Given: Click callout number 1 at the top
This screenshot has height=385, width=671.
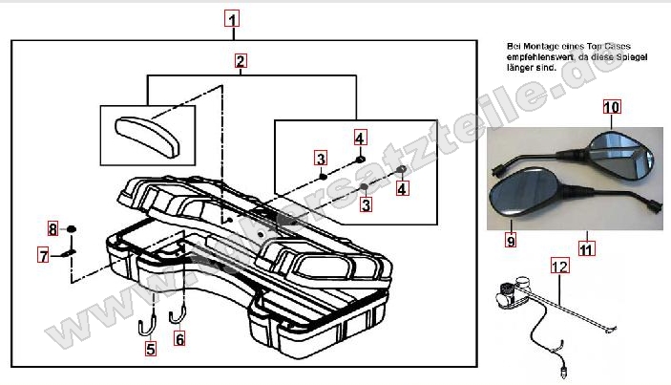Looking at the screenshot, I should click(234, 17).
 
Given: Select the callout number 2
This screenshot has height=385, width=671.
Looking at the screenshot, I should click(241, 61).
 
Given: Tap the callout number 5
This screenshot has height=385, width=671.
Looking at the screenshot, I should click(151, 349).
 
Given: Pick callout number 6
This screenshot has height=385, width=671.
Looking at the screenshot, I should click(179, 337).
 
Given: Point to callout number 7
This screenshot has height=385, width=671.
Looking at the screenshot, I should click(43, 254).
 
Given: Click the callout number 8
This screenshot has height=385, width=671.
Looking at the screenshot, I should click(52, 228).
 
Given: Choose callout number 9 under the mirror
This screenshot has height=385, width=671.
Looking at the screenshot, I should click(511, 242).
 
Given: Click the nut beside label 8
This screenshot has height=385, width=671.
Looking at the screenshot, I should click(72, 229).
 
